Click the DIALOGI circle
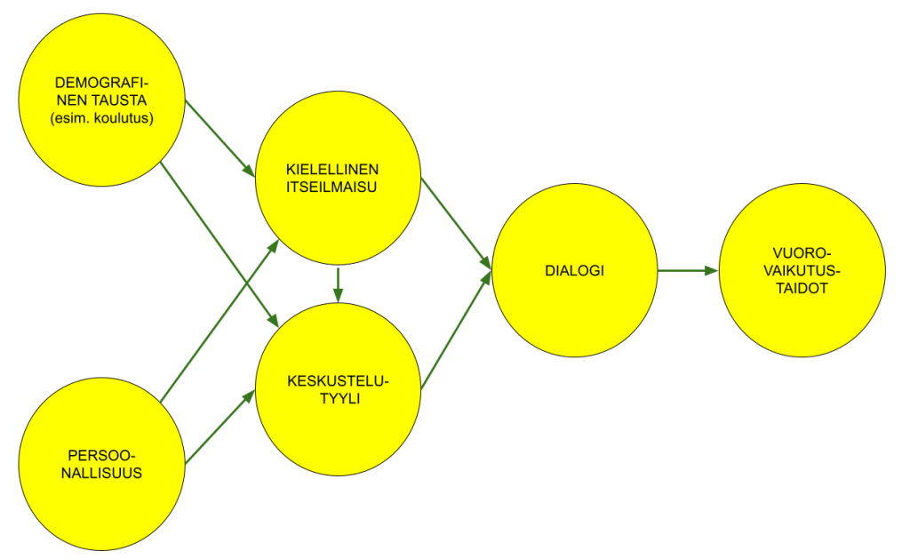[x=574, y=270]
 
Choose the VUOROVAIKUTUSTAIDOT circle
[x=802, y=270]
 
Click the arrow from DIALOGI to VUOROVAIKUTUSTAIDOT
[x=688, y=270]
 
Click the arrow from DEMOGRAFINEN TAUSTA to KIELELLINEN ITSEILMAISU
[x=220, y=135]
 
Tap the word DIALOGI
[x=574, y=270]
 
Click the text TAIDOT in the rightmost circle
[x=802, y=288]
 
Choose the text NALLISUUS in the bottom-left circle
[x=101, y=473]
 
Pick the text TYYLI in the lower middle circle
[x=339, y=399]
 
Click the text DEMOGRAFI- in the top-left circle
[x=101, y=84]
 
